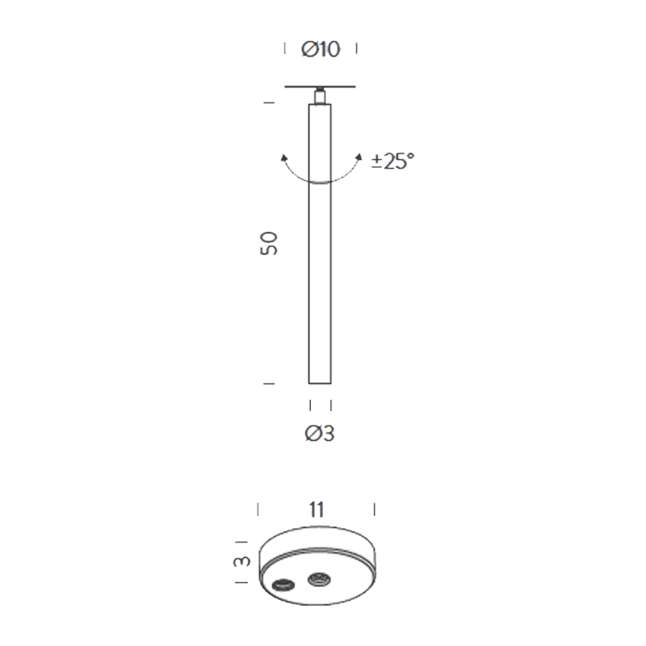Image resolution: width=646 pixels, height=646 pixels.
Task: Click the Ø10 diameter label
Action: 321,49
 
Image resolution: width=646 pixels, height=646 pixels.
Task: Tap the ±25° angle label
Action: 392,161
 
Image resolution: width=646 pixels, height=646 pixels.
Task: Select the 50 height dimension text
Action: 269,243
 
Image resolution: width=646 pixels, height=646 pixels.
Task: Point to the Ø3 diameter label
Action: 320,434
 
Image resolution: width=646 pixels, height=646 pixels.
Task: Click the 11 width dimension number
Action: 317,510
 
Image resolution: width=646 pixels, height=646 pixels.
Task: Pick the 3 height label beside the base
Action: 241,561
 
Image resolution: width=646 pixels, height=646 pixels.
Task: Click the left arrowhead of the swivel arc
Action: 283,158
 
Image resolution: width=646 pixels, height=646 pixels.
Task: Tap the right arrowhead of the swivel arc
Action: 359,157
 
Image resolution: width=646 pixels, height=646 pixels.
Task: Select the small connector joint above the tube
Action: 320,96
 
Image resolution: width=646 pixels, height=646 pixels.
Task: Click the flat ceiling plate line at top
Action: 320,87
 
